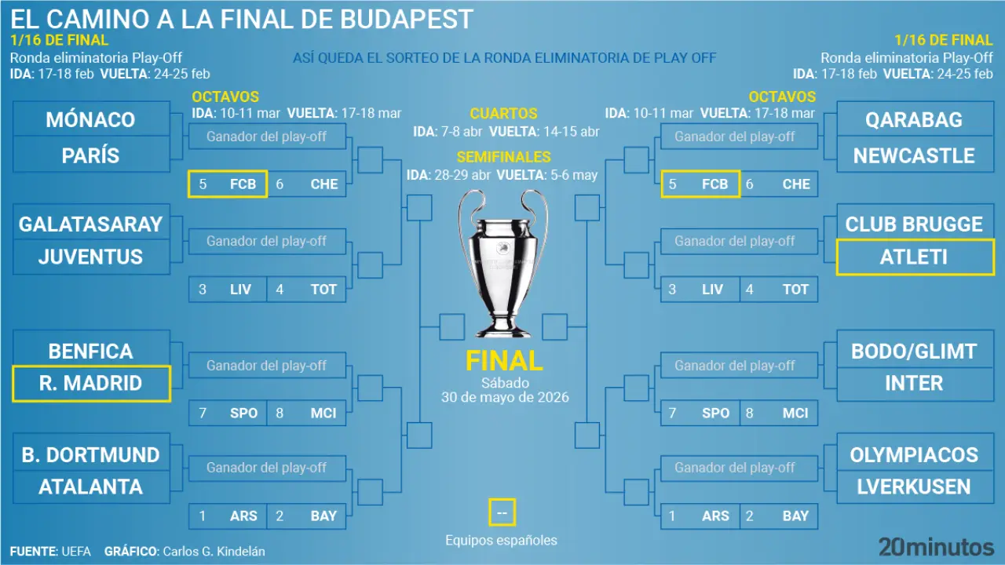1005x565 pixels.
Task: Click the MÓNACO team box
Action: pyautogui.click(x=91, y=118)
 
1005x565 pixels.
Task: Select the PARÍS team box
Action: pyautogui.click(x=91, y=155)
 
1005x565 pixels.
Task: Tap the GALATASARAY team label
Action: pyautogui.click(x=90, y=224)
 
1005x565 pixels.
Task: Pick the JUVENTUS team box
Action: pyautogui.click(x=91, y=257)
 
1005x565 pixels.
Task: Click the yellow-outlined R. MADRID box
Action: pyautogui.click(x=91, y=384)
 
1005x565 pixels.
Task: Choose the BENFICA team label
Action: pyautogui.click(x=90, y=351)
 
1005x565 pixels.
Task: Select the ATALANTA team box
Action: pyautogui.click(x=91, y=487)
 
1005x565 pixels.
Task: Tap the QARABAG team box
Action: pyautogui.click(x=915, y=118)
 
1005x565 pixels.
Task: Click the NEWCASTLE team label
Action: pyautogui.click(x=914, y=155)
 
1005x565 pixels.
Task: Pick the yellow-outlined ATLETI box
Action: pyautogui.click(x=915, y=257)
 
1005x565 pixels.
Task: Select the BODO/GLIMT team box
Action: pyautogui.click(x=915, y=350)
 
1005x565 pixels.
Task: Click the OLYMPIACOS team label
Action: pyautogui.click(x=914, y=454)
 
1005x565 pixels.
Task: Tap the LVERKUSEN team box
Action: pyautogui.click(x=915, y=487)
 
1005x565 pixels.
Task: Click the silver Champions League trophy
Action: pyautogui.click(x=503, y=263)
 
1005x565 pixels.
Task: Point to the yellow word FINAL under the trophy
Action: pyautogui.click(x=504, y=361)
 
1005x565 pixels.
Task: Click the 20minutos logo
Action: pyautogui.click(x=936, y=548)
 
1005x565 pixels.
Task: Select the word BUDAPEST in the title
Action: pyautogui.click(x=407, y=19)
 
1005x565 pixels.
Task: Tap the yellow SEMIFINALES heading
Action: pyautogui.click(x=503, y=157)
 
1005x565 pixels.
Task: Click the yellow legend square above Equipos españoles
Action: pyautogui.click(x=502, y=512)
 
